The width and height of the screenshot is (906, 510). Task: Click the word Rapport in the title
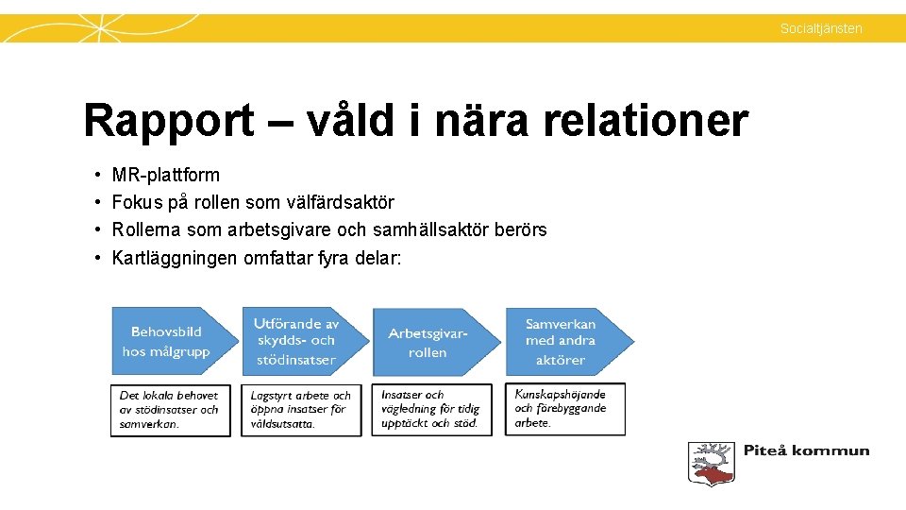point(168,122)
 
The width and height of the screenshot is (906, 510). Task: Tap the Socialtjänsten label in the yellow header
point(820,28)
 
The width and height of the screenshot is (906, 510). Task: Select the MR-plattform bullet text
point(165,175)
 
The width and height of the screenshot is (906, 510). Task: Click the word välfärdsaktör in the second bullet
point(344,202)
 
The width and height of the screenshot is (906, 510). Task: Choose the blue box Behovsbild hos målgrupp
point(168,341)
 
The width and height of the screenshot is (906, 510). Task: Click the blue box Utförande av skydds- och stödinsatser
point(298,341)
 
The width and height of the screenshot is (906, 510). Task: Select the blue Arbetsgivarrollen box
point(429,342)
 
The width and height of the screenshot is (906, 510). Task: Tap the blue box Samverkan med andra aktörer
point(563,341)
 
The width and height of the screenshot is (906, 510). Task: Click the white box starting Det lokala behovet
point(170,410)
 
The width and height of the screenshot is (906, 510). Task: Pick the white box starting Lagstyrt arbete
point(301,410)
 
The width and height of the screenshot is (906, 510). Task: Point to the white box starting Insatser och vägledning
point(431,410)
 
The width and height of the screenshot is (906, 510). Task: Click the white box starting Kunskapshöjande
point(564,409)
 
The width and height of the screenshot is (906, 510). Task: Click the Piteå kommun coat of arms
point(710,463)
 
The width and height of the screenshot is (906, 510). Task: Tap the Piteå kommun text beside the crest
point(806,450)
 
